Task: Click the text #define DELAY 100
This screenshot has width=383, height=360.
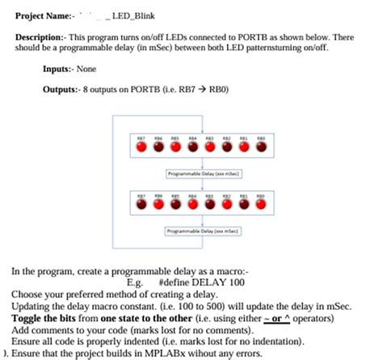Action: (x=199, y=283)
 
